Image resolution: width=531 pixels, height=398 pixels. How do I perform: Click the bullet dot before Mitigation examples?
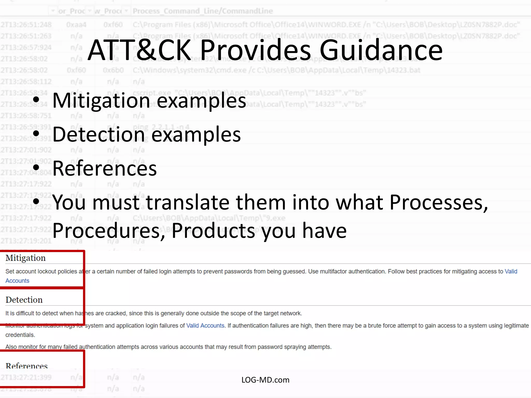point(36,100)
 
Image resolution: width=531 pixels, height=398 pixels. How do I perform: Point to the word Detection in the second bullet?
point(99,134)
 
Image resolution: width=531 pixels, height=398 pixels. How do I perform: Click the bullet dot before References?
point(36,168)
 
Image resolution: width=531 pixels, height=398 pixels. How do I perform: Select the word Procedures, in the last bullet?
point(109,231)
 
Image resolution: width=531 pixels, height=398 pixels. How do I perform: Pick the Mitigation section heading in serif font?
point(25,258)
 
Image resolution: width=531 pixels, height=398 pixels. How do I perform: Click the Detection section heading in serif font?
point(24,300)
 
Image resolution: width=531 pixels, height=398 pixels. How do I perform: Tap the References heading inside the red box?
point(27,366)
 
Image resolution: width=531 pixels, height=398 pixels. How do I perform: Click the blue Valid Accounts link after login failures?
point(205,326)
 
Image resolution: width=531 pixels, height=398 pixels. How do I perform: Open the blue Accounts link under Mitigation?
point(17,281)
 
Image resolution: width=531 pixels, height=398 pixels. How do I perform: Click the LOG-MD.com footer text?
point(265,380)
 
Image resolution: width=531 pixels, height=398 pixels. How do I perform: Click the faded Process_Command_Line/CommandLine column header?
point(202,11)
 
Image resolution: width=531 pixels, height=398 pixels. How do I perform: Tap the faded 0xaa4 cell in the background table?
point(76,25)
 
